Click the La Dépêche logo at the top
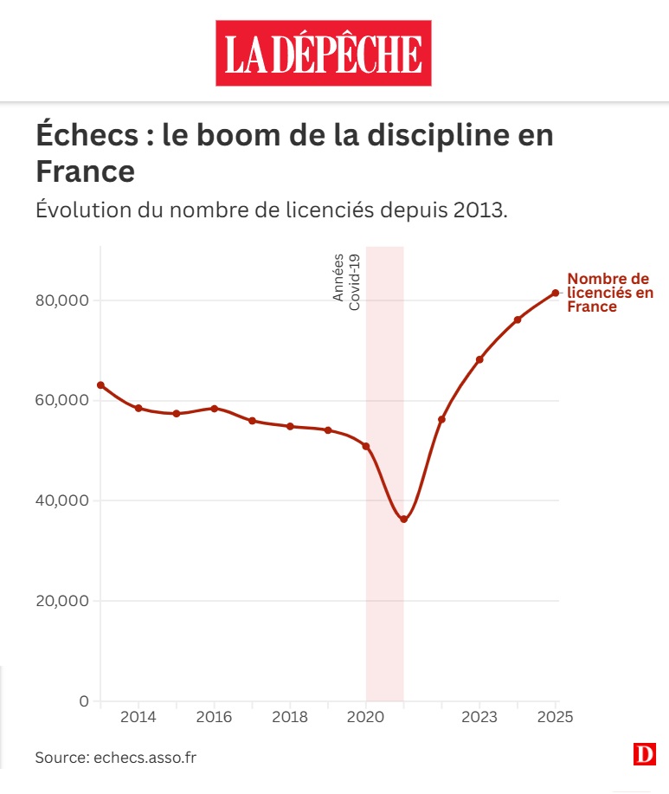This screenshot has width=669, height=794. click(x=323, y=54)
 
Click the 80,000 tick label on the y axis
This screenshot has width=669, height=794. click(x=61, y=300)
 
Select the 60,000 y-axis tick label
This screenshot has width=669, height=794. click(x=61, y=401)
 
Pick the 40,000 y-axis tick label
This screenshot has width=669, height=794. click(x=61, y=500)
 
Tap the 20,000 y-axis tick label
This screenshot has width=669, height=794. click(x=61, y=601)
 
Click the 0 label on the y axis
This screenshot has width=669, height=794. click(x=84, y=700)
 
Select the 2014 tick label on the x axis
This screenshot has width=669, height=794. click(x=138, y=718)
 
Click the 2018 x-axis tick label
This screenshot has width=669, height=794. click(x=290, y=718)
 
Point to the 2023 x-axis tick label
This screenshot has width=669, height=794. click(x=479, y=718)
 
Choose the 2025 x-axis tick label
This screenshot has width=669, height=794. click(x=556, y=718)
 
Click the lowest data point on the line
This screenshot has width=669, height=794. click(x=403, y=520)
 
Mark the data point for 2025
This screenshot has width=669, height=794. click(x=556, y=293)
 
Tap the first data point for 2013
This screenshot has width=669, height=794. click(x=100, y=384)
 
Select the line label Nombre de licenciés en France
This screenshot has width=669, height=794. click(x=609, y=293)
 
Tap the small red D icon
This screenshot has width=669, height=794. click(x=644, y=755)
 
